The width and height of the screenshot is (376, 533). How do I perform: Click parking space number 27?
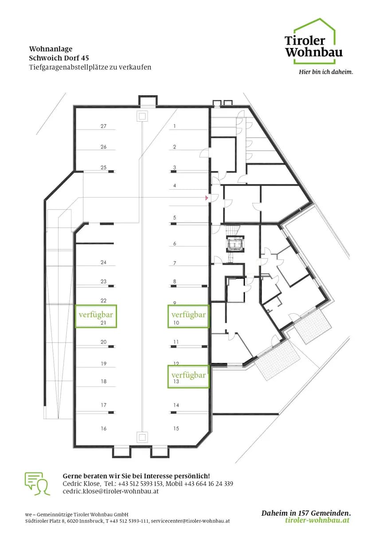click(x=103, y=126)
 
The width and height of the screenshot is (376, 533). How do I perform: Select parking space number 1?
click(x=175, y=126)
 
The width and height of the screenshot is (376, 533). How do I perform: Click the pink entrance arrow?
click(x=207, y=198)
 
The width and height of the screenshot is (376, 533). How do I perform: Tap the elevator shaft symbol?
click(x=235, y=244)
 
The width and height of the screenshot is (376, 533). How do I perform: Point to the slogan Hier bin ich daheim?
click(x=326, y=72)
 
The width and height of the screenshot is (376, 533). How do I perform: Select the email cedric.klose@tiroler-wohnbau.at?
click(x=110, y=491)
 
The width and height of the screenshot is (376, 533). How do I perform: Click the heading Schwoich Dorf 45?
click(x=59, y=58)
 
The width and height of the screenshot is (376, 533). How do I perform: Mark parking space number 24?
click(x=103, y=263)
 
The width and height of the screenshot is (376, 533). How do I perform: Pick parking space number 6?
click(x=175, y=243)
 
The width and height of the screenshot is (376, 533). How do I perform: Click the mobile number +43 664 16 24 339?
click(x=208, y=484)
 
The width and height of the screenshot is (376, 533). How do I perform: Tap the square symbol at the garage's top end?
click(x=142, y=116)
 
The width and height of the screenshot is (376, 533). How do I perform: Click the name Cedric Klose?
click(x=81, y=484)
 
